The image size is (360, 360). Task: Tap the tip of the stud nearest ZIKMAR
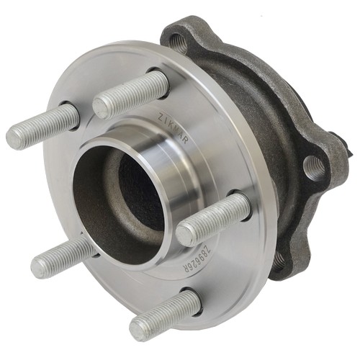(103, 105)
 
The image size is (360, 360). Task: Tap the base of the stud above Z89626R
(241, 205)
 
